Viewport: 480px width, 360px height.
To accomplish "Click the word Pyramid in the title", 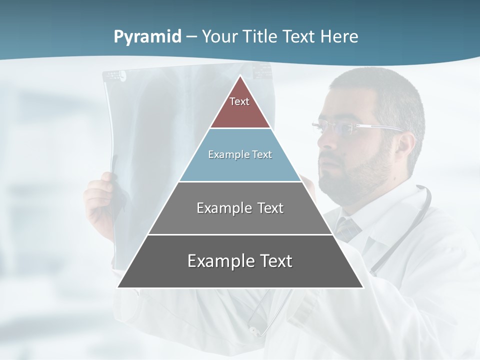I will tap(147, 37).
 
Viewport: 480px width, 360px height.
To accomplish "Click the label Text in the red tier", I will tap(239, 101).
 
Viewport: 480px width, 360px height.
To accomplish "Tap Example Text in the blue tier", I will tap(240, 154).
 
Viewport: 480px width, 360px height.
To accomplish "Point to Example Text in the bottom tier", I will tap(240, 261).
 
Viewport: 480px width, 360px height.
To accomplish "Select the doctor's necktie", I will tap(348, 227).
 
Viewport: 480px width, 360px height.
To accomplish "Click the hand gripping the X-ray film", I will tap(100, 197).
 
